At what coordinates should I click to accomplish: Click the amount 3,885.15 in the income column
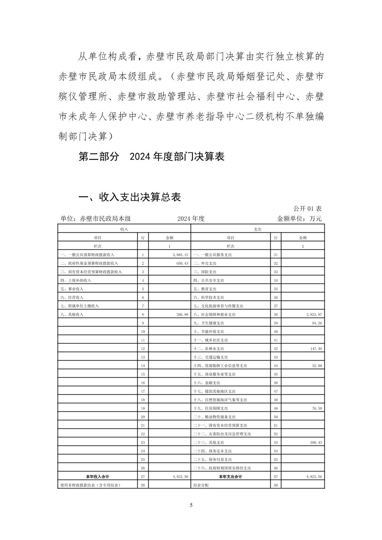point(180,255)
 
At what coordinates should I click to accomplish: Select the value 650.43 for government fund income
point(181,263)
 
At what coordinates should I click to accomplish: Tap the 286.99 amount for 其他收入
point(181,314)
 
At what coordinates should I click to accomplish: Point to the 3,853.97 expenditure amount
point(314,314)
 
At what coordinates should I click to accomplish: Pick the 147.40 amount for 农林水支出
point(316,349)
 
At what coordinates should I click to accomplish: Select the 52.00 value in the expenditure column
point(317,366)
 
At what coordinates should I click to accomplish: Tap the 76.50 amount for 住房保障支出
point(317,408)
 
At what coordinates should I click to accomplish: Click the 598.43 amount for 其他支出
point(316,442)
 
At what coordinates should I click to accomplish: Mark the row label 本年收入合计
point(97,476)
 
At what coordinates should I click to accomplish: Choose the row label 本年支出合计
point(230,476)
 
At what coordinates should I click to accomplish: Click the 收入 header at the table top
point(124,229)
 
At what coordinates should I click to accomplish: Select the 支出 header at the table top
point(258,229)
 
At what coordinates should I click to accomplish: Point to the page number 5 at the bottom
point(191,505)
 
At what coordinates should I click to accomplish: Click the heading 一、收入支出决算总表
point(129,197)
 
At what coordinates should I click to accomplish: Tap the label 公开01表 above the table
point(307,209)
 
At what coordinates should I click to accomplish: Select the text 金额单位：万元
point(299,218)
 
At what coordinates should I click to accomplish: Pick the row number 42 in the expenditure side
point(276,349)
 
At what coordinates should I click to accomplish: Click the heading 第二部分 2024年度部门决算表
point(152,157)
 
